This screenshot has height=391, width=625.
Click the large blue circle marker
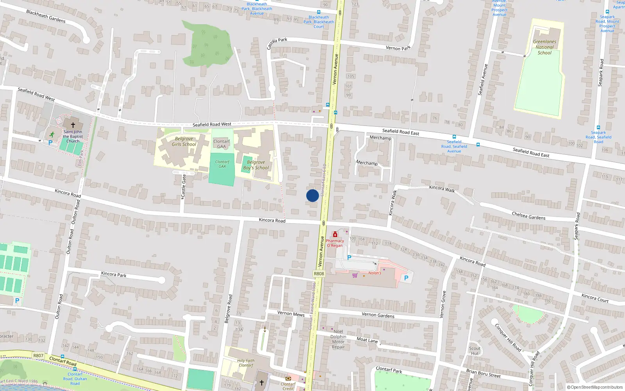point(312,195)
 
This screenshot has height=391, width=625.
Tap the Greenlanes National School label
point(545,47)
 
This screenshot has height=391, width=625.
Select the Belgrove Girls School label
point(184,142)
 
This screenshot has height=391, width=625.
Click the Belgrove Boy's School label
point(256,165)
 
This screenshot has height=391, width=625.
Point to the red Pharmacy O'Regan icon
point(335,235)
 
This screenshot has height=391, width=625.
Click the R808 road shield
point(319,274)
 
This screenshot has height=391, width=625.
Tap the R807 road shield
point(38,355)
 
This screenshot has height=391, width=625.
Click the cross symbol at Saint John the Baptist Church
point(73,125)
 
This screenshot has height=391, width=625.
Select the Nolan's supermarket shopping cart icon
point(355,275)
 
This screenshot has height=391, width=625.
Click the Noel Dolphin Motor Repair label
point(338,339)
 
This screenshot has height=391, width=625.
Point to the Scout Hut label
point(475,351)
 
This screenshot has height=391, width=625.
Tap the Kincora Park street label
point(114,274)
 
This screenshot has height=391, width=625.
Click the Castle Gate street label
point(184,186)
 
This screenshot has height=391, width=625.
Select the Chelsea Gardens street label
point(529,216)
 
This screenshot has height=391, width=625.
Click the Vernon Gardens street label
point(378,315)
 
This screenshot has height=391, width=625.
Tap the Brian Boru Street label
point(483,373)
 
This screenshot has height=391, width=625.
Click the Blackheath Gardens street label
point(46,16)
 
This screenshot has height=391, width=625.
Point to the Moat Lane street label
point(367,340)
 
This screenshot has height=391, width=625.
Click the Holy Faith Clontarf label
point(246,363)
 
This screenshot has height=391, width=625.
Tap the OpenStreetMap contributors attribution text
point(595,387)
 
